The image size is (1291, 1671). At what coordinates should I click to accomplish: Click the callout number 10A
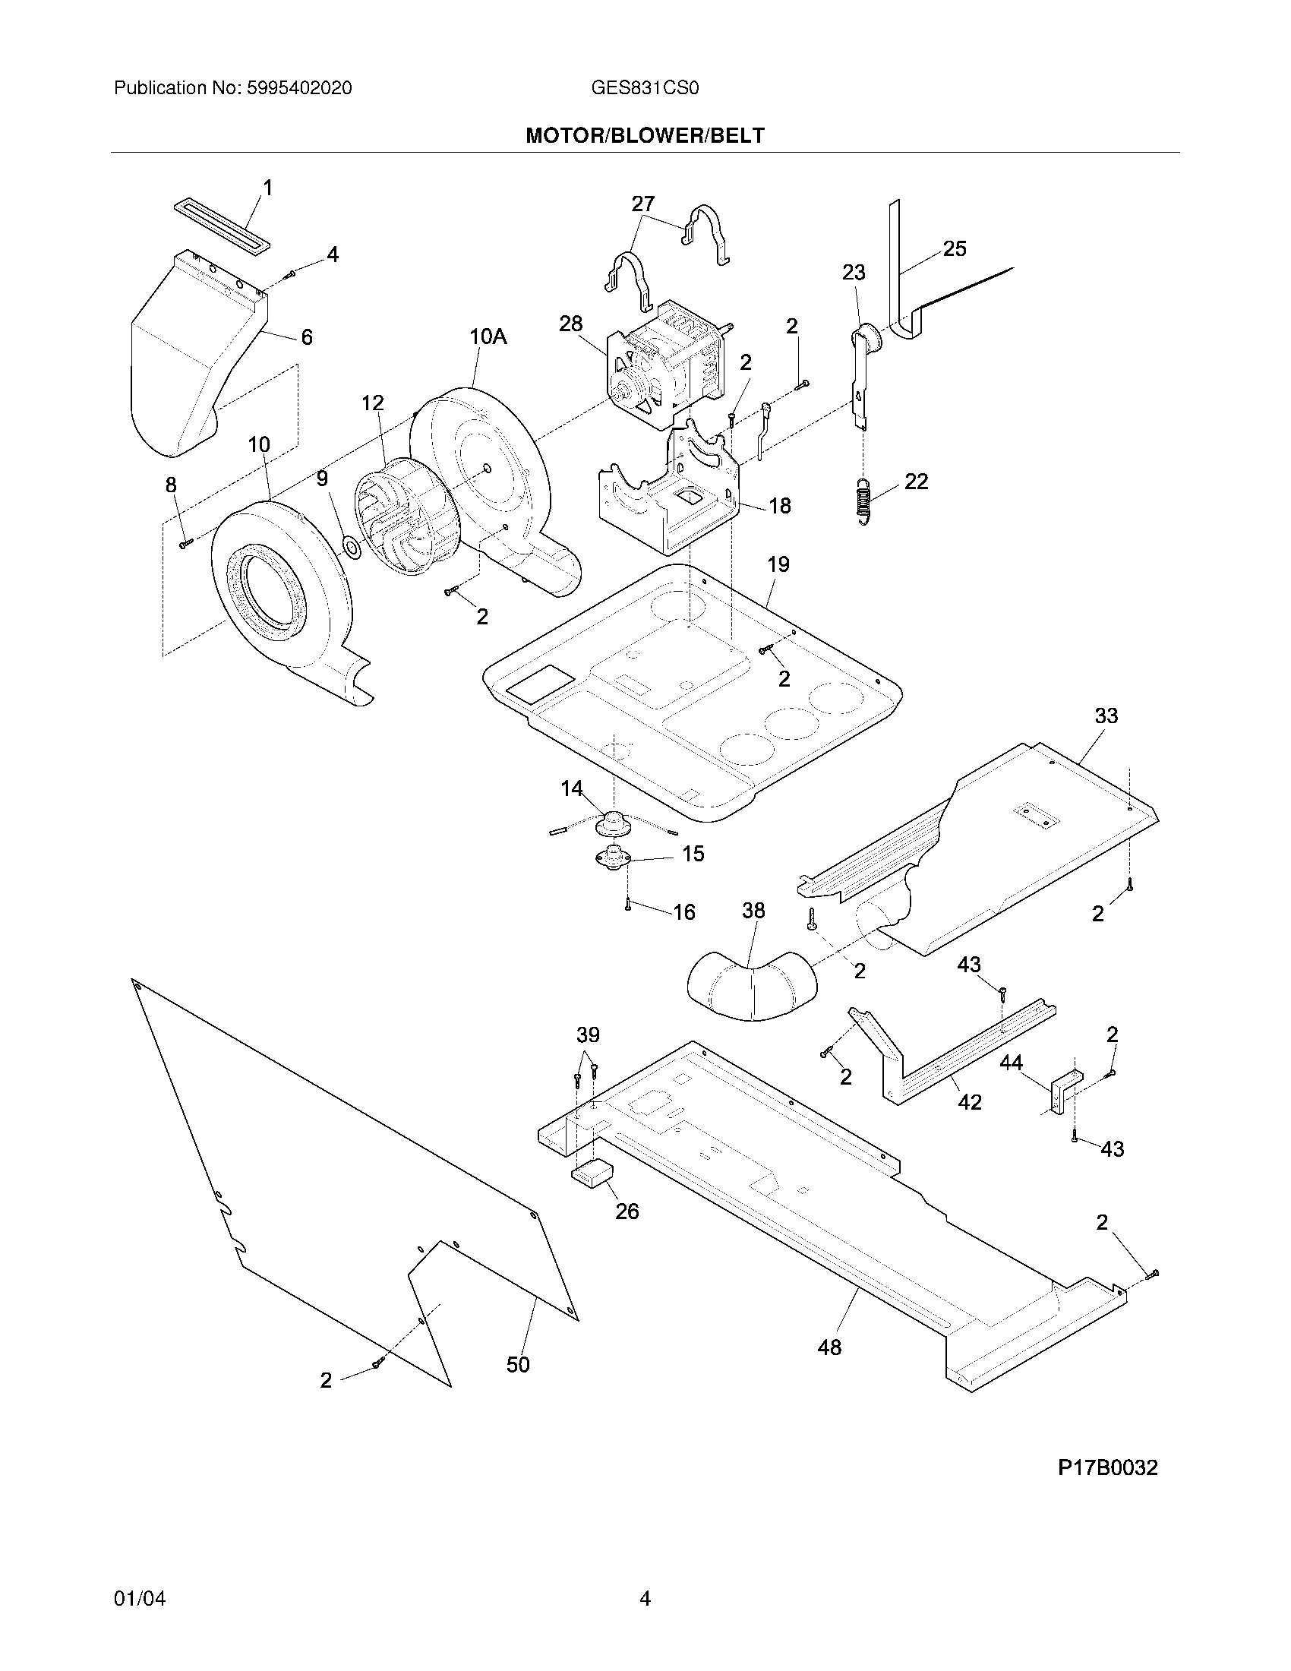488,336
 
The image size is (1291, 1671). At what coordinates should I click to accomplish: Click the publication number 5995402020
299,88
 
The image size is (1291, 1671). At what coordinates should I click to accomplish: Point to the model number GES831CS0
645,88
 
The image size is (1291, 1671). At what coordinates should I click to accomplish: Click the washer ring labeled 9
352,547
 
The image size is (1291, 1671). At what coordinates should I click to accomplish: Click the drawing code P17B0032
1107,1467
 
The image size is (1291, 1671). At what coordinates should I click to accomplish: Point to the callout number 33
1106,716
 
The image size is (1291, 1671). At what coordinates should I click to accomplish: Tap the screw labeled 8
186,544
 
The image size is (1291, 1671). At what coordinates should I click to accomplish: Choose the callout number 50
518,1365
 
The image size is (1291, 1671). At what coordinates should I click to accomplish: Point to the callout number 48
829,1347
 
